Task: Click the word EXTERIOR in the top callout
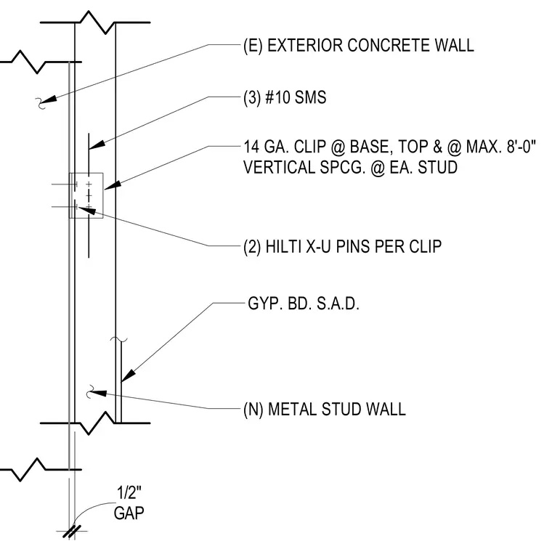tap(305, 46)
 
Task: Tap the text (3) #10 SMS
tap(285, 97)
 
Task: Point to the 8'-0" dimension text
tap(521, 146)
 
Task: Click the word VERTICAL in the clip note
tap(279, 167)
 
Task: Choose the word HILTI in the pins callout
tap(283, 246)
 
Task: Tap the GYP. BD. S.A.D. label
tap(304, 304)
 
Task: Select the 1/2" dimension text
tap(129, 492)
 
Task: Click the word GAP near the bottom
tap(129, 513)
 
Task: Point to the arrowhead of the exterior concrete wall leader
tap(50, 99)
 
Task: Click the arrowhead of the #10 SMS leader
tap(97, 145)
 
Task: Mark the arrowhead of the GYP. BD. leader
tap(129, 375)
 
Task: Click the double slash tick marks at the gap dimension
tap(72, 532)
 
